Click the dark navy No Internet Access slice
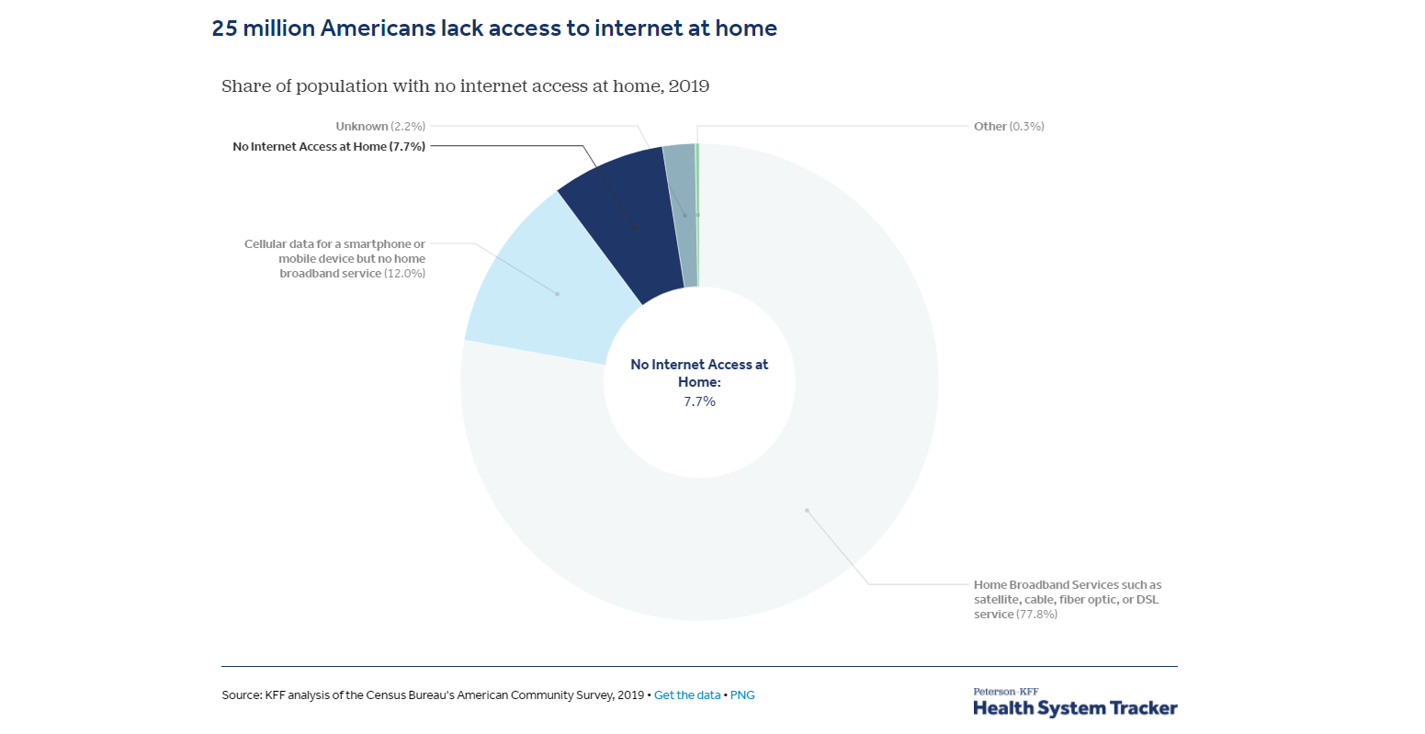[620, 220]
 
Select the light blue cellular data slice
[542, 285]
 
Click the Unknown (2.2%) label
[380, 127]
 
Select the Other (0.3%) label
[1009, 127]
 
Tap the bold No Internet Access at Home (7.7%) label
[329, 147]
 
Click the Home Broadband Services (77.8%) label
[1067, 599]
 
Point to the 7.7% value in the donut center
[699, 401]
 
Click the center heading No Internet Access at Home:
[699, 373]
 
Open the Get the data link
[687, 695]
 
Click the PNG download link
[742, 695]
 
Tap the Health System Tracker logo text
[1075, 708]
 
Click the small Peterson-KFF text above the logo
[1005, 692]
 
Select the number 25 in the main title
[224, 28]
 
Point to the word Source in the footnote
[241, 695]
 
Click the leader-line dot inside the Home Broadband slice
[807, 510]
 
